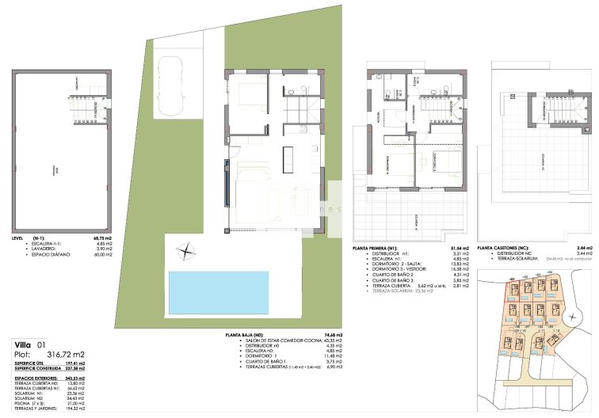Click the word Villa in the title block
click(x=25, y=344)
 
